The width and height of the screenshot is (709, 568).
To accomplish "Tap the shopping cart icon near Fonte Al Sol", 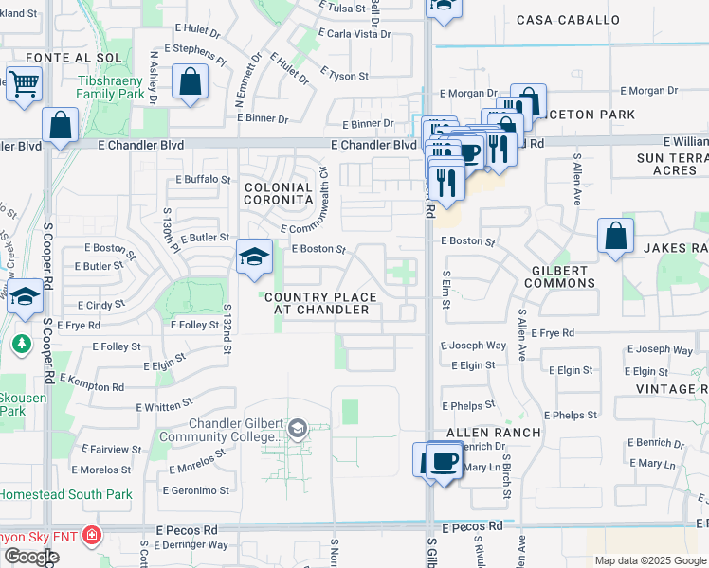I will pos(24,83).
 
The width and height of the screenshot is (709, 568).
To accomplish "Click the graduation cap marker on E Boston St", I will pos(254,257).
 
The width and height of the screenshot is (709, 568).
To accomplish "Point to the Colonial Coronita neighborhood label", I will pos(279,194).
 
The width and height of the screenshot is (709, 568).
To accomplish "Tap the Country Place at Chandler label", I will pos(320,304).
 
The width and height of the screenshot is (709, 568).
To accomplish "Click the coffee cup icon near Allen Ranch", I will pos(444,462).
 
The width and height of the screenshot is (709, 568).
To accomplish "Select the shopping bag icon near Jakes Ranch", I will pos(615,237).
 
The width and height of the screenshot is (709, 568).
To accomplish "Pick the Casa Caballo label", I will pos(569,20).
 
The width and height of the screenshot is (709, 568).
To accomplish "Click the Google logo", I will pos(30,557).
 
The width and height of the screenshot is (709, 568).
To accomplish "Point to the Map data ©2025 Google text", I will pos(650,560).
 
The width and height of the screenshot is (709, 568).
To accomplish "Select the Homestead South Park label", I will pos(65,494).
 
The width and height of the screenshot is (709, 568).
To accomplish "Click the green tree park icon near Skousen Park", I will pos(22,343).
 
